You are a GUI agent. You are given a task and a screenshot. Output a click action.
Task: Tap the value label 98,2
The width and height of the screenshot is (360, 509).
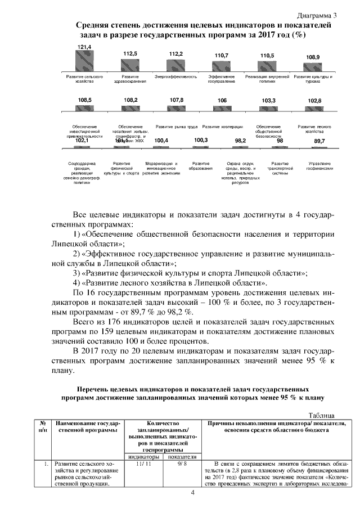click(x=241, y=141)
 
